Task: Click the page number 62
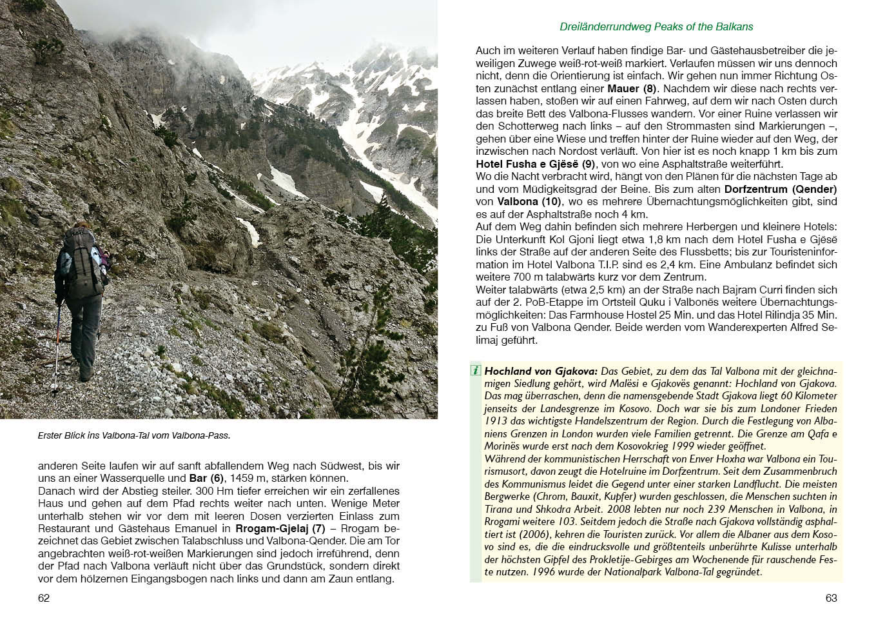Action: tap(44, 598)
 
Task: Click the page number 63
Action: tap(831, 598)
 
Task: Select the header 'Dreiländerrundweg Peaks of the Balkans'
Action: tap(656, 26)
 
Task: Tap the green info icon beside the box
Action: tap(476, 371)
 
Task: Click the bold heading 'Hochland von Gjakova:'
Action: tap(541, 371)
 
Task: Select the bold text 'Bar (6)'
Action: tap(206, 479)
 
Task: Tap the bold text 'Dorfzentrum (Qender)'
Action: tap(781, 189)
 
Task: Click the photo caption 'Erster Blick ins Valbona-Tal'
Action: tap(133, 435)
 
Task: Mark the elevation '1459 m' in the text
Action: tap(248, 479)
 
